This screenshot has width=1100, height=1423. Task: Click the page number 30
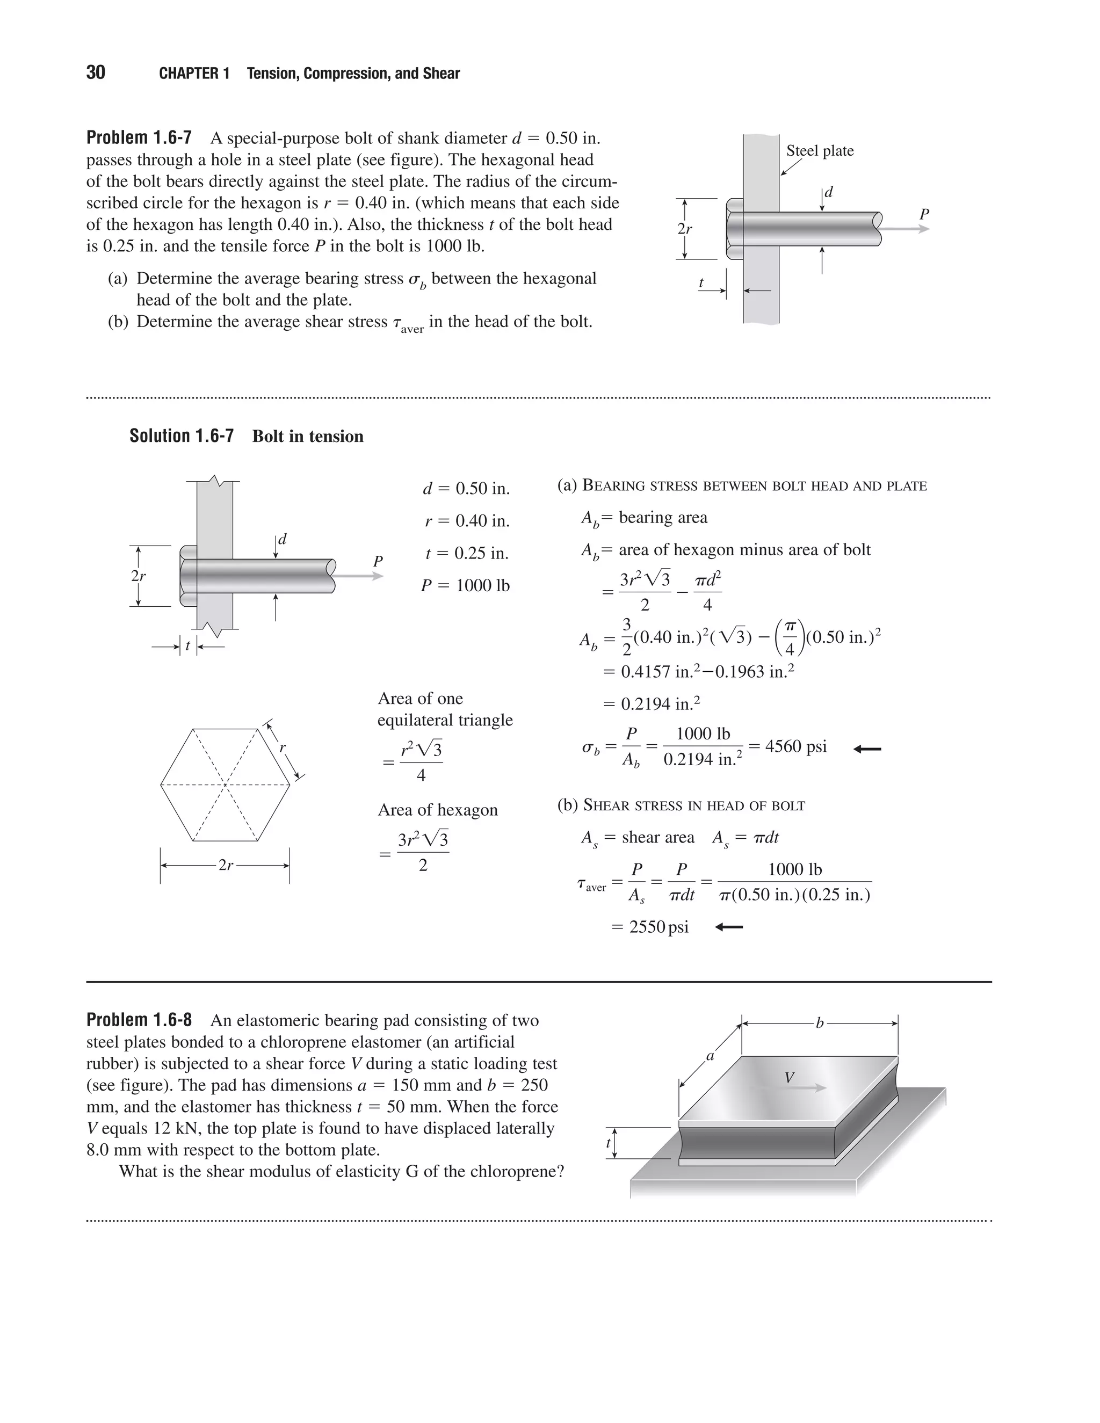(x=95, y=72)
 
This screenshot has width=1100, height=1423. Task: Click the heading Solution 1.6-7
(x=181, y=436)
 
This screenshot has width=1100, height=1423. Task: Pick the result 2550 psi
(x=659, y=926)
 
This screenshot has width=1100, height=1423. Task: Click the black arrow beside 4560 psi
(x=867, y=749)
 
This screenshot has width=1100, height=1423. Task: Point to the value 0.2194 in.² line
(x=651, y=703)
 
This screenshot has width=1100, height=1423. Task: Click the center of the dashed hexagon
(x=225, y=785)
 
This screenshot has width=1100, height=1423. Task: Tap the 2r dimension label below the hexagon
(x=226, y=865)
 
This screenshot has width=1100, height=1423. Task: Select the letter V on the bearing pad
(x=789, y=1078)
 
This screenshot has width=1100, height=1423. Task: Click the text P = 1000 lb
(x=465, y=585)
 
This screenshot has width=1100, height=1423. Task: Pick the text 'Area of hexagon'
(x=437, y=810)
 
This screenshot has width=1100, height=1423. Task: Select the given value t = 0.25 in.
(x=467, y=553)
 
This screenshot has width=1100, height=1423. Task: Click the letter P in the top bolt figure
(x=923, y=214)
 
